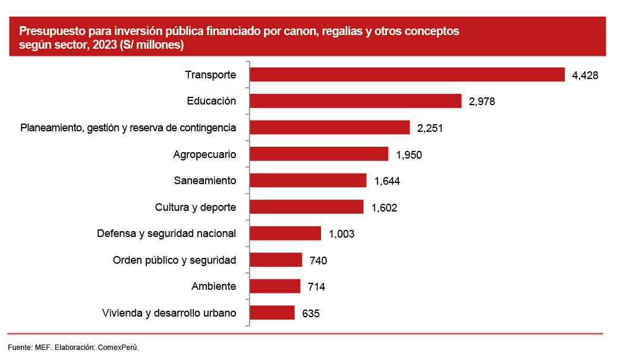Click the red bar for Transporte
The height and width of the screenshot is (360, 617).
click(x=407, y=74)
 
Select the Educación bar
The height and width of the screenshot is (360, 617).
click(x=355, y=101)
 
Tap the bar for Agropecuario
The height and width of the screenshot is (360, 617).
click(x=319, y=154)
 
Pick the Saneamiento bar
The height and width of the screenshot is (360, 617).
click(x=308, y=181)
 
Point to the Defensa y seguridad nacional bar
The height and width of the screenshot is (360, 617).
click(x=285, y=233)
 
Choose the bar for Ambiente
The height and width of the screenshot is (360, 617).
click(x=275, y=286)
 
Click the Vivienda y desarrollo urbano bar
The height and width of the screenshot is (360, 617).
click(x=272, y=312)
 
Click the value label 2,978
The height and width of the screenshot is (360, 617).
click(x=481, y=102)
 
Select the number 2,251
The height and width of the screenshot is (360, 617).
click(x=430, y=128)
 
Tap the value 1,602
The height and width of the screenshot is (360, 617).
click(x=384, y=207)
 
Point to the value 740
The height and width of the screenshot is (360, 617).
click(x=319, y=260)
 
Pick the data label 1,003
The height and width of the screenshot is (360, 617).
click(x=341, y=234)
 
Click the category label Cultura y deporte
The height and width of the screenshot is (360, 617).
click(x=196, y=207)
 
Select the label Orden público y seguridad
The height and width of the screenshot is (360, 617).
click(x=174, y=260)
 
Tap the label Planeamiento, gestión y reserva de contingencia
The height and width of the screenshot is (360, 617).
click(x=128, y=128)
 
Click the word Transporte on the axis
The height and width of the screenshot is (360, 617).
click(x=210, y=75)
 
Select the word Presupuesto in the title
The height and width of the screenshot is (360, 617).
click(x=49, y=31)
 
